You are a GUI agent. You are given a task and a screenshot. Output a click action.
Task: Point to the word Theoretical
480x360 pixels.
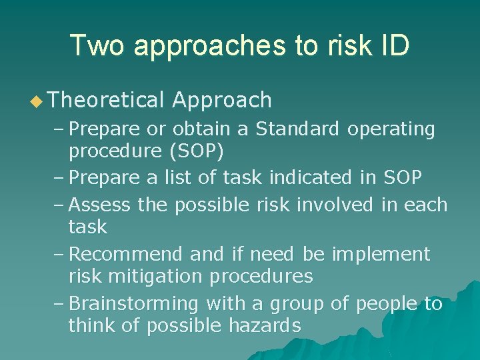pyautogui.click(x=106, y=100)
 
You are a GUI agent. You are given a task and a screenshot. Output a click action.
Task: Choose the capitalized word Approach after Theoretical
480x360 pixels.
pyautogui.click(x=222, y=101)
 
